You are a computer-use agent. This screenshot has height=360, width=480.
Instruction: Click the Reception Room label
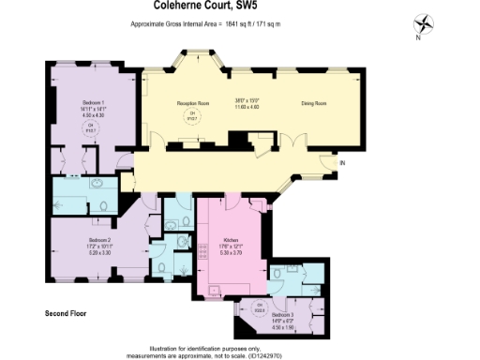[x=192, y=104]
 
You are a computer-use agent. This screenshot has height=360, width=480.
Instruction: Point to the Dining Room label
[x=312, y=104]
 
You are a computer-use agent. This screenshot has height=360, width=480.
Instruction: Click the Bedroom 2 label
[x=91, y=239]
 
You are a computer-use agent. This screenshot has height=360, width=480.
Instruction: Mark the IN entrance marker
[x=342, y=164]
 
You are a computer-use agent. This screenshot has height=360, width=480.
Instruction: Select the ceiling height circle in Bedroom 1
[x=91, y=128]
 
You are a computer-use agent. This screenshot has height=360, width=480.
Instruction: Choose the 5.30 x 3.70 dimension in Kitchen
[x=230, y=253]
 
